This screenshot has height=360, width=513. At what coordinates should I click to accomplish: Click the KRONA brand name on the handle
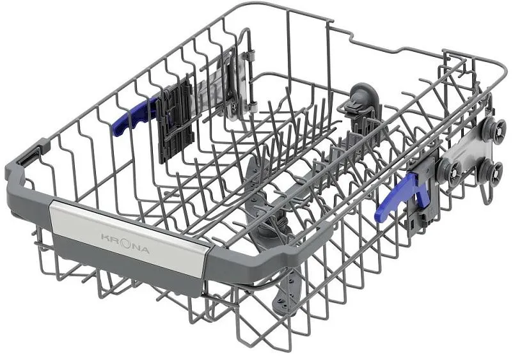(x=125, y=243)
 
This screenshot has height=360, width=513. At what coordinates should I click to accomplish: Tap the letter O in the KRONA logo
(x=125, y=244)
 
